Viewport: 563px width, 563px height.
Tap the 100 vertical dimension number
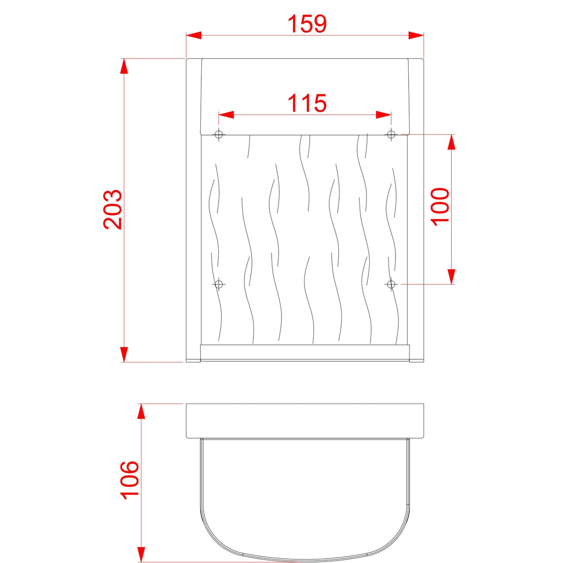[x=440, y=207]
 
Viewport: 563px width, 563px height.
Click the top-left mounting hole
[x=219, y=135]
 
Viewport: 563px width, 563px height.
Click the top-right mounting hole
[x=391, y=135]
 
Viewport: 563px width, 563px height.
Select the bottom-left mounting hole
[x=219, y=284]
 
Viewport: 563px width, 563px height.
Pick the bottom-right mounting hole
[x=391, y=284]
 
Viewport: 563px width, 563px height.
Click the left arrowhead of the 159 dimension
[x=194, y=35]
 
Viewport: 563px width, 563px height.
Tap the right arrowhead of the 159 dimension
[x=416, y=35]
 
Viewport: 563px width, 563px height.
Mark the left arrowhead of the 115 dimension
[x=226, y=114]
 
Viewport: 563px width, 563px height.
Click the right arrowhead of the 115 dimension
[x=384, y=114]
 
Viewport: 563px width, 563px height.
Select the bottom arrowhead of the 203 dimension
[x=124, y=354]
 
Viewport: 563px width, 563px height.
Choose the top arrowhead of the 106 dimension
[x=140, y=411]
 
